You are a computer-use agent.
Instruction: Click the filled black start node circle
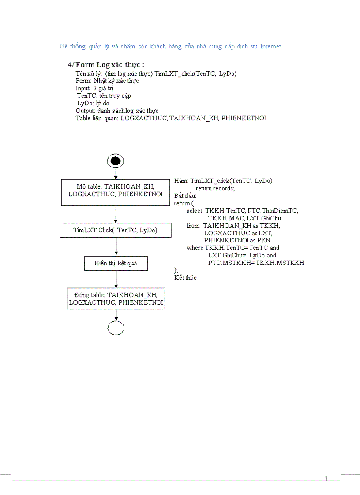[x=116, y=161]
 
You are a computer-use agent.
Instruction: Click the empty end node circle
[x=116, y=328]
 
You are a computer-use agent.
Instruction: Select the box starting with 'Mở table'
[x=116, y=192]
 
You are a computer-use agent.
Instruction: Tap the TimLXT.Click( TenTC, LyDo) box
[x=116, y=230]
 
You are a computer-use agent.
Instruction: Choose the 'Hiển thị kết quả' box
[x=116, y=263]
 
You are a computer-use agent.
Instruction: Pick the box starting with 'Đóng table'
[x=116, y=298]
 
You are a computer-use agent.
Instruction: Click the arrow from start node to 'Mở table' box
[x=116, y=174]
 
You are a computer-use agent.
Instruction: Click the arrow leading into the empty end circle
[x=116, y=315]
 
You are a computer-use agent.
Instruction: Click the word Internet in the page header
[x=270, y=46]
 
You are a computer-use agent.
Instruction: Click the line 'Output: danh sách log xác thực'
[x=117, y=111]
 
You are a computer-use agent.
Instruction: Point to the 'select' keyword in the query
[x=195, y=211]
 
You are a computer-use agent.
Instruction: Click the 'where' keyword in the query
[x=195, y=248]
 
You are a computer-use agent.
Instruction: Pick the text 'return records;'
[x=215, y=188]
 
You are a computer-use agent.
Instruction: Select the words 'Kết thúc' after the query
[x=185, y=278]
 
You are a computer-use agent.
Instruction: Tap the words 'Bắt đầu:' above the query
[x=185, y=196]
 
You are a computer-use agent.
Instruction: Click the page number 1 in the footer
[x=326, y=479]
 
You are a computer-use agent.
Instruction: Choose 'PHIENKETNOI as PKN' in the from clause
[x=237, y=240]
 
